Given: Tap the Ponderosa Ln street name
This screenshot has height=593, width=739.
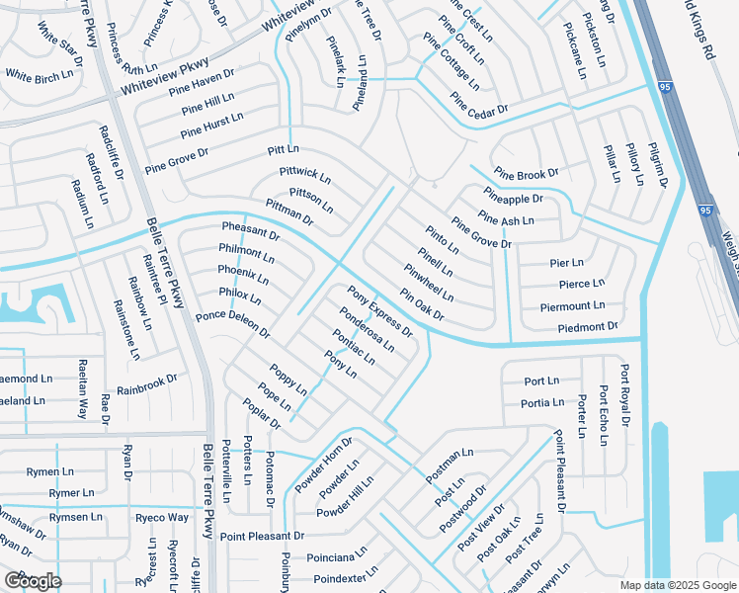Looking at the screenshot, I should point(367,329).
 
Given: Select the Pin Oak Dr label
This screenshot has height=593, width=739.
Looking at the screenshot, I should point(422,304).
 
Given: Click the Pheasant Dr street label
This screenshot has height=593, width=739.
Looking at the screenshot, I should point(250,232).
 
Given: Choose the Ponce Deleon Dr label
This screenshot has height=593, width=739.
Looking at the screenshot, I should point(232,324).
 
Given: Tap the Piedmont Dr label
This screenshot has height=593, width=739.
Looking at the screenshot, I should point(587,326).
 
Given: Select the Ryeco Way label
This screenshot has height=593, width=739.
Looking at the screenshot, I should point(163,517).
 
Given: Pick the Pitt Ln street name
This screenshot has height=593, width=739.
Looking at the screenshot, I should point(283,149).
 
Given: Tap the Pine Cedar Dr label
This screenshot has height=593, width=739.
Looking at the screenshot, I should point(478,103).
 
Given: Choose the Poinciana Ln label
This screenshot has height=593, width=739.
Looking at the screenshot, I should point(335,556).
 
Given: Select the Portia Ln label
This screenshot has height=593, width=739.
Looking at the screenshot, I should point(544,402).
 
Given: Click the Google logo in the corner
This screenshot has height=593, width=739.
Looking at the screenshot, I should point(33,580).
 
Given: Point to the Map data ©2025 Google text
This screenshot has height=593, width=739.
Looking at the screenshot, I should point(677,585).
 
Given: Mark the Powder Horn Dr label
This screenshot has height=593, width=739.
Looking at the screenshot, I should point(323,465).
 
